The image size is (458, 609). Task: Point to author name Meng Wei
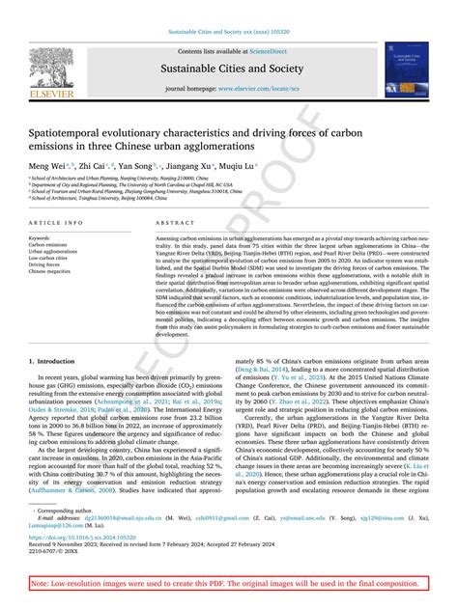click(x=48, y=166)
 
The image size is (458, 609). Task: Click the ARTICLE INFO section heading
click(x=54, y=222)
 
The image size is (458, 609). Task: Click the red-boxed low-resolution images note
click(x=229, y=585)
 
